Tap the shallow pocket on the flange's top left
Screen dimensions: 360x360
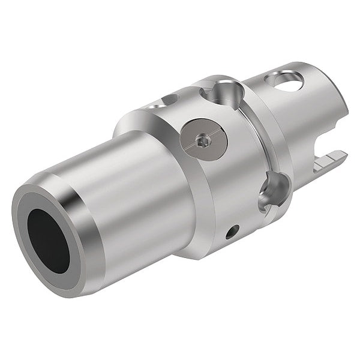[170, 98]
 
